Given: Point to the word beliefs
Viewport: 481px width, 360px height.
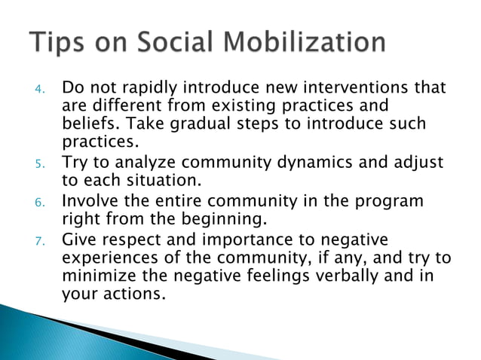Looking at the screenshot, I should (x=85, y=124).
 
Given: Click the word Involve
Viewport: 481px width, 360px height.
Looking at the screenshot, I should (x=89, y=202).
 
